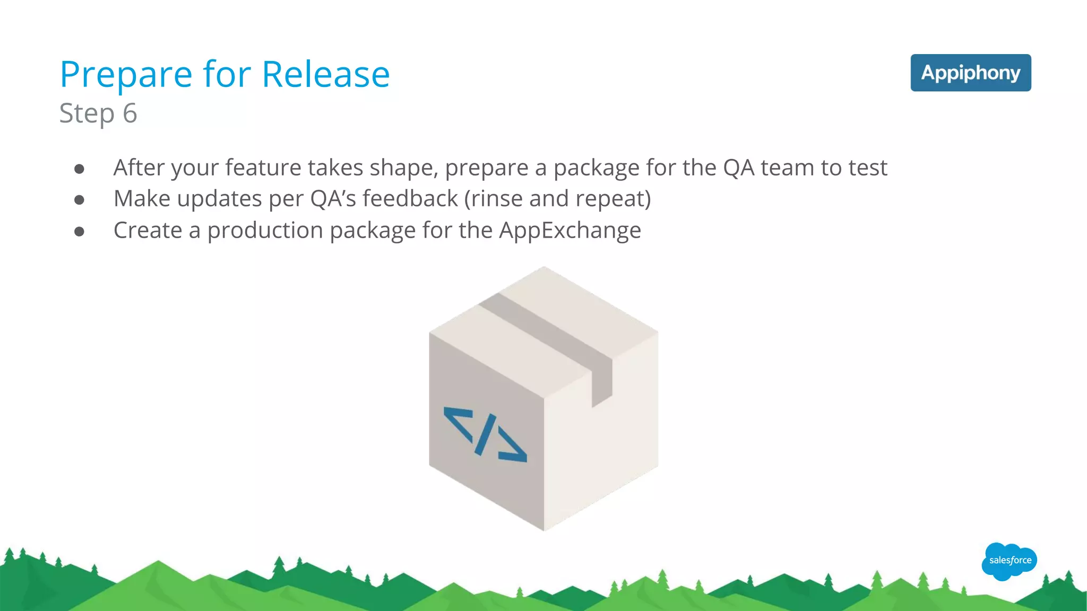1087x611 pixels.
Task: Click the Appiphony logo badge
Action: click(x=970, y=73)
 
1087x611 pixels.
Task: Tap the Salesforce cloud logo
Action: click(x=1009, y=561)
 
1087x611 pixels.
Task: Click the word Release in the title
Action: click(x=326, y=74)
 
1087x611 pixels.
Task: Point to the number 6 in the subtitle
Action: click(x=130, y=113)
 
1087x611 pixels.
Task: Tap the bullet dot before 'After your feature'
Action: click(x=80, y=169)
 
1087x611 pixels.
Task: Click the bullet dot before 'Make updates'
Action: click(x=80, y=200)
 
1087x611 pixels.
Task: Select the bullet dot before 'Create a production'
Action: click(x=80, y=232)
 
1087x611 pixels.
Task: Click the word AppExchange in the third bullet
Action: click(x=570, y=231)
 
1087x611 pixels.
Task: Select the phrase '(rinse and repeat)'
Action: click(x=557, y=199)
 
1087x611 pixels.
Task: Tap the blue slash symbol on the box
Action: click(x=486, y=434)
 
